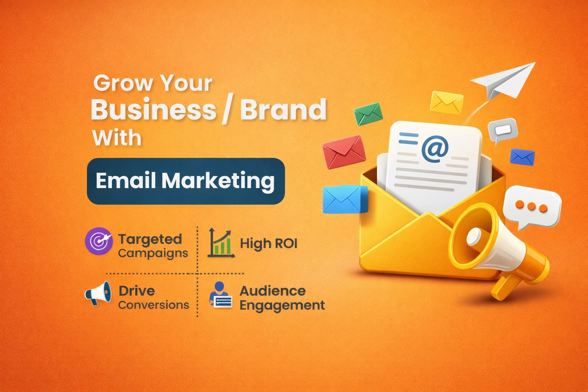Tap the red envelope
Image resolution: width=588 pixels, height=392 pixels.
pyautogui.click(x=343, y=152)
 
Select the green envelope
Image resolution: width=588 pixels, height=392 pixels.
pyautogui.click(x=368, y=114)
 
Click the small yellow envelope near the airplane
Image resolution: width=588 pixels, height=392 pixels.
pyautogui.click(x=446, y=102)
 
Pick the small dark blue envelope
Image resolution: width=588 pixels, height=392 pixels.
pyautogui.click(x=522, y=157)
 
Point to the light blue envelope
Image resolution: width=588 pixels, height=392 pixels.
pyautogui.click(x=343, y=199)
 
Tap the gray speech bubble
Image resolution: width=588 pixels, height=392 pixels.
pyautogui.click(x=503, y=131)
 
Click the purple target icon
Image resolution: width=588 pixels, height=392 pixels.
pyautogui.click(x=98, y=241)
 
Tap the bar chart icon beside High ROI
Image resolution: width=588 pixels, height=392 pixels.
pyautogui.click(x=221, y=243)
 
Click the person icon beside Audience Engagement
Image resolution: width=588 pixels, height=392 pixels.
pyautogui.click(x=220, y=295)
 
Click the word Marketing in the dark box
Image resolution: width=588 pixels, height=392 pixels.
pyautogui.click(x=217, y=181)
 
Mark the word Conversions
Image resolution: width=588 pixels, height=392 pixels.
pyautogui.click(x=154, y=305)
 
